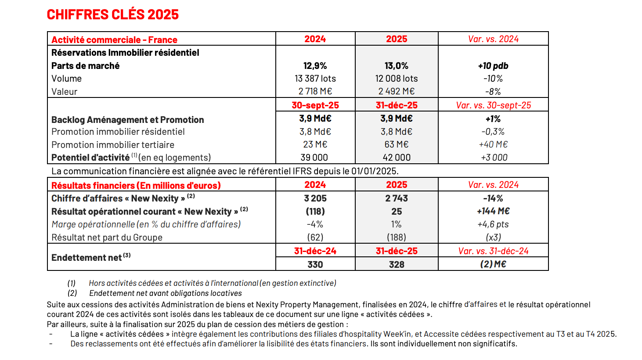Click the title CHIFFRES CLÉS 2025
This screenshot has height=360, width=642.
(x=113, y=14)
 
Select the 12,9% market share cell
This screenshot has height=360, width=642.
(x=315, y=66)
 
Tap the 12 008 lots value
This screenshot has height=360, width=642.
(x=396, y=79)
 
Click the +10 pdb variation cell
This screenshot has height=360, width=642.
(x=493, y=66)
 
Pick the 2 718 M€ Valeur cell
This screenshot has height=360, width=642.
(x=315, y=91)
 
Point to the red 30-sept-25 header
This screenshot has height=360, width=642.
(x=315, y=105)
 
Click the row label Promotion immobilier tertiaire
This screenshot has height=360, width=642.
(x=113, y=145)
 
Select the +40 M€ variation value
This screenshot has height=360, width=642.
(x=493, y=144)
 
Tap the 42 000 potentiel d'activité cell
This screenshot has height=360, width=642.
(x=396, y=158)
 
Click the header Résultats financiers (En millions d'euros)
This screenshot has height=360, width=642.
(x=136, y=185)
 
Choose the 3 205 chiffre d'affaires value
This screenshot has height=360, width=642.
(x=315, y=198)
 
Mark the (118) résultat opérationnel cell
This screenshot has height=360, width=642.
(x=315, y=212)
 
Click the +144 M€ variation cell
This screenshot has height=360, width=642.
(x=493, y=211)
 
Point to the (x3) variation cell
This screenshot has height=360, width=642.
(x=493, y=238)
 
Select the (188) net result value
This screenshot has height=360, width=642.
(x=396, y=238)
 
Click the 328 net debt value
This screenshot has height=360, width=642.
(x=396, y=264)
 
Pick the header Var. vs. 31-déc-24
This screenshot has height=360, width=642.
(x=493, y=251)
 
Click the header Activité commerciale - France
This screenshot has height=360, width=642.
(x=114, y=40)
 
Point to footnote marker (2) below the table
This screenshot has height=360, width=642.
(x=72, y=293)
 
